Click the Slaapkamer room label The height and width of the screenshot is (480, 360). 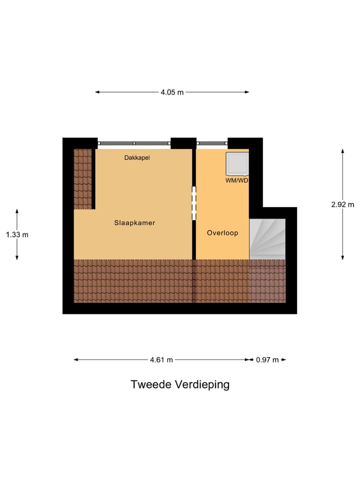point(134,223)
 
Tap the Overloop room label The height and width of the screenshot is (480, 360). point(222,233)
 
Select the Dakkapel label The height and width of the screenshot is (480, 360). point(137,158)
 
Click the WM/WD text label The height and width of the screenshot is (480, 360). point(236,180)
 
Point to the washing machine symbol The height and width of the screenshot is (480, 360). point(237,163)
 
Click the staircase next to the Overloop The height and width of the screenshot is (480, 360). point(267,239)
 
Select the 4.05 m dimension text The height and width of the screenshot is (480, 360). point(172,92)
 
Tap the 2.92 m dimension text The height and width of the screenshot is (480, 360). point(342,204)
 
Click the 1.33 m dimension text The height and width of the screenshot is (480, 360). point(17,234)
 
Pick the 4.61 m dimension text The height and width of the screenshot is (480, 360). point(161,359)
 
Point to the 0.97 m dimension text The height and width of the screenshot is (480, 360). point(267,359)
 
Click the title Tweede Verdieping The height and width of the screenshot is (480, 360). point(180,384)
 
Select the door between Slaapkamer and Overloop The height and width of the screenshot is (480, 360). point(194,203)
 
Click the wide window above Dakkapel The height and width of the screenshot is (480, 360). point(134,143)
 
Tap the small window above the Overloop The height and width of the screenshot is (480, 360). point(212,143)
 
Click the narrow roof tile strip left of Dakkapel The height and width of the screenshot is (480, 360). point(82,179)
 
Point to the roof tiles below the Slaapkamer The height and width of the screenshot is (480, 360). point(133,281)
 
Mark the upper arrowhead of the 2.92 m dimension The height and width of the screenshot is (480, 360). point(342,150)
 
